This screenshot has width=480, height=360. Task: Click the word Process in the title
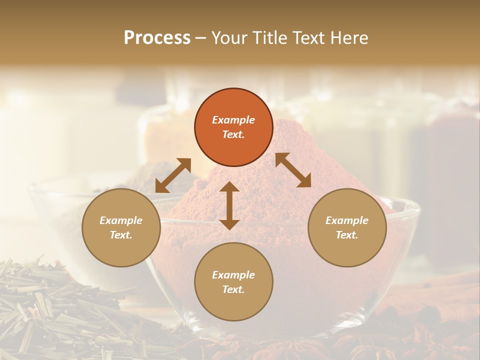coord(157,38)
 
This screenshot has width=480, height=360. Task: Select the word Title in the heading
coord(275,38)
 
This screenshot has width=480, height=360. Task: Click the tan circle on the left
coord(121,227)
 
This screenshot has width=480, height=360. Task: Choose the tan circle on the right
coord(347,227)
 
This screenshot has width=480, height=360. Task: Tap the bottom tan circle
coord(233,281)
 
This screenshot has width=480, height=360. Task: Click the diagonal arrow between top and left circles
coord(173,175)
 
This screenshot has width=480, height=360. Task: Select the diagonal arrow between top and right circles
coord(293,170)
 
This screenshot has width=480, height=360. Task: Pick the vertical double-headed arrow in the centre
coord(229,205)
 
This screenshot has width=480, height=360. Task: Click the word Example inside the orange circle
coord(233,120)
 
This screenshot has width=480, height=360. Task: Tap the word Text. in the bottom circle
coord(233,289)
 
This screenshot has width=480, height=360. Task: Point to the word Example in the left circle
coord(121,220)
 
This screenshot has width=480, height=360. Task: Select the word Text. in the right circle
coord(347,235)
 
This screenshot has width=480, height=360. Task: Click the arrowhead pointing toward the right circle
coord(304,181)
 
